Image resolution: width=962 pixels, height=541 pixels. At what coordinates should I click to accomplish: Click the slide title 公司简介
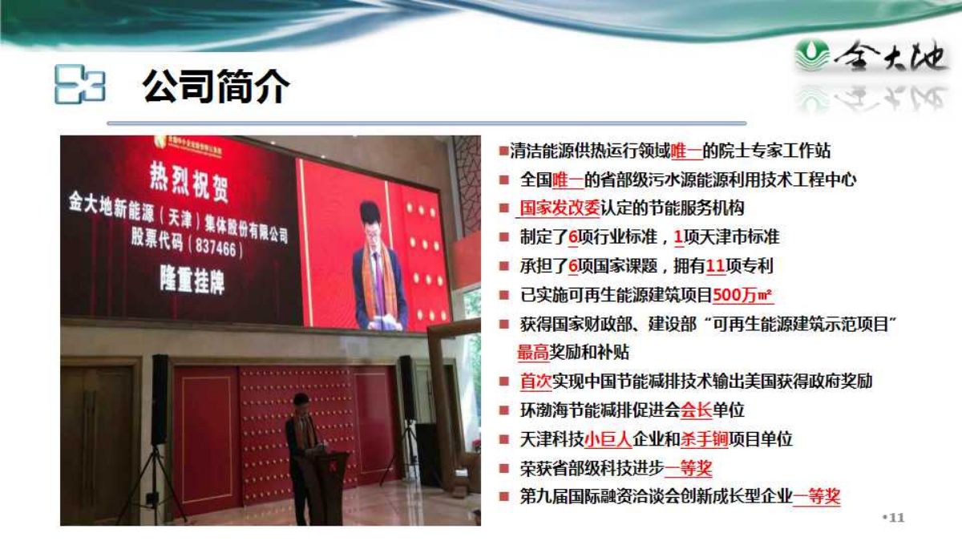pyautogui.click(x=216, y=87)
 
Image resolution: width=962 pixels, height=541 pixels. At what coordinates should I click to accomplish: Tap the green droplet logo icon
pyautogui.click(x=811, y=55)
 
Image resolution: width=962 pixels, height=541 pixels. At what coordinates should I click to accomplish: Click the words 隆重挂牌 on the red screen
pyautogui.click(x=192, y=280)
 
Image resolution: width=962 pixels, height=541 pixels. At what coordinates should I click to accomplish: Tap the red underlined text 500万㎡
pyautogui.click(x=743, y=295)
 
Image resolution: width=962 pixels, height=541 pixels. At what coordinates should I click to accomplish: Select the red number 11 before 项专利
pyautogui.click(x=715, y=266)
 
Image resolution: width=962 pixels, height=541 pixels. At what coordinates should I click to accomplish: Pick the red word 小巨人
pyautogui.click(x=608, y=439)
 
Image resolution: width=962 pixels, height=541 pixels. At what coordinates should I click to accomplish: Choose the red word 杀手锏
pyautogui.click(x=705, y=439)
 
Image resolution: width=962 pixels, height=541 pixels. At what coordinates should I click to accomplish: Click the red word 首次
pyautogui.click(x=536, y=382)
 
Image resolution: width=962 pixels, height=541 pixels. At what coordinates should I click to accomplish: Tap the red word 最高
pyautogui.click(x=533, y=353)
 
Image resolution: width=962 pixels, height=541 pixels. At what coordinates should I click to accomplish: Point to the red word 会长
pyautogui.click(x=697, y=410)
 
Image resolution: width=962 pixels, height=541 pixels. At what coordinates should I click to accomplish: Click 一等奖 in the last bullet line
pyautogui.click(x=816, y=497)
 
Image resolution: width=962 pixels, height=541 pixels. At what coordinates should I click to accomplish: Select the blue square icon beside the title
pyautogui.click(x=80, y=84)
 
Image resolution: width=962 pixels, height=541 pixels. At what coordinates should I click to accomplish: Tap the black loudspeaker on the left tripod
pyautogui.click(x=160, y=399)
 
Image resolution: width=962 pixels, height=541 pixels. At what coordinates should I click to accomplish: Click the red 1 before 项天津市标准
pyautogui.click(x=678, y=237)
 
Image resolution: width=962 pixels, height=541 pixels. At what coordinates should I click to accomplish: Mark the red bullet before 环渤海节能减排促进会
pyautogui.click(x=503, y=410)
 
